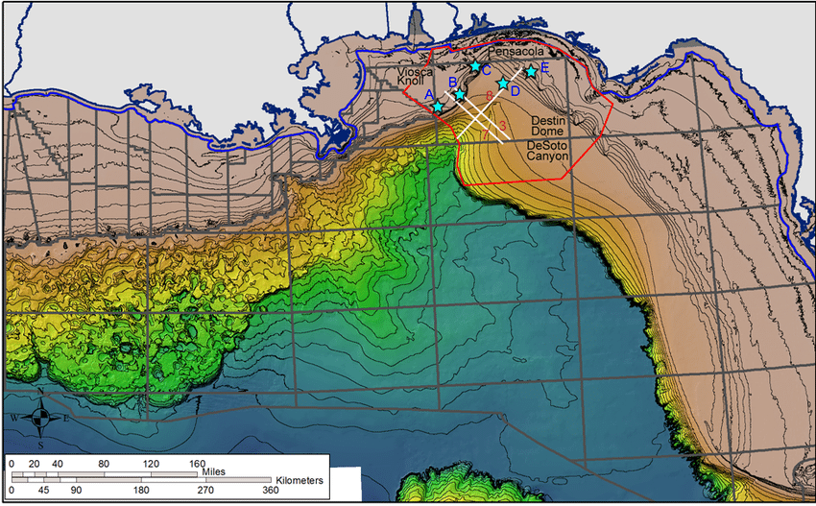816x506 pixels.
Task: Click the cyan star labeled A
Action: [438, 107]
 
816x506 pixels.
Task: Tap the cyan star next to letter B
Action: [460, 94]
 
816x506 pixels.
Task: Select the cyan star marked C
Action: [474, 66]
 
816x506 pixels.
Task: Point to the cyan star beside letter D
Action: [502, 84]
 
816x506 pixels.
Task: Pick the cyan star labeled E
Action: [530, 72]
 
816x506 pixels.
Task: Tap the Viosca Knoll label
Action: [417, 78]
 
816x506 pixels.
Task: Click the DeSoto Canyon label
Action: [548, 150]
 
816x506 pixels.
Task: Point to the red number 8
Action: [490, 95]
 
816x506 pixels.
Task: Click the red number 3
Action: [501, 126]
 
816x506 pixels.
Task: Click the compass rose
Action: [40, 418]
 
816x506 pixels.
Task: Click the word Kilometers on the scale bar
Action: [299, 479]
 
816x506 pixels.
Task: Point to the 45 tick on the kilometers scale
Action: [45, 491]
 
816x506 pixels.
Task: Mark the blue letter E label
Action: [544, 68]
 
